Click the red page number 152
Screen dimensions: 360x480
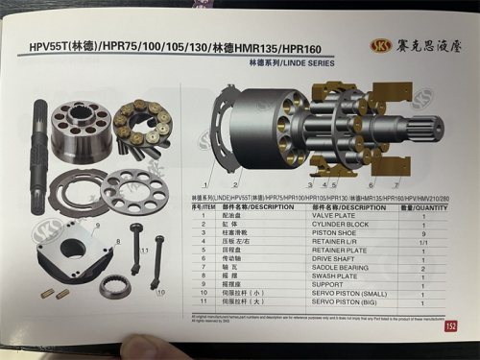coord(450,325)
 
